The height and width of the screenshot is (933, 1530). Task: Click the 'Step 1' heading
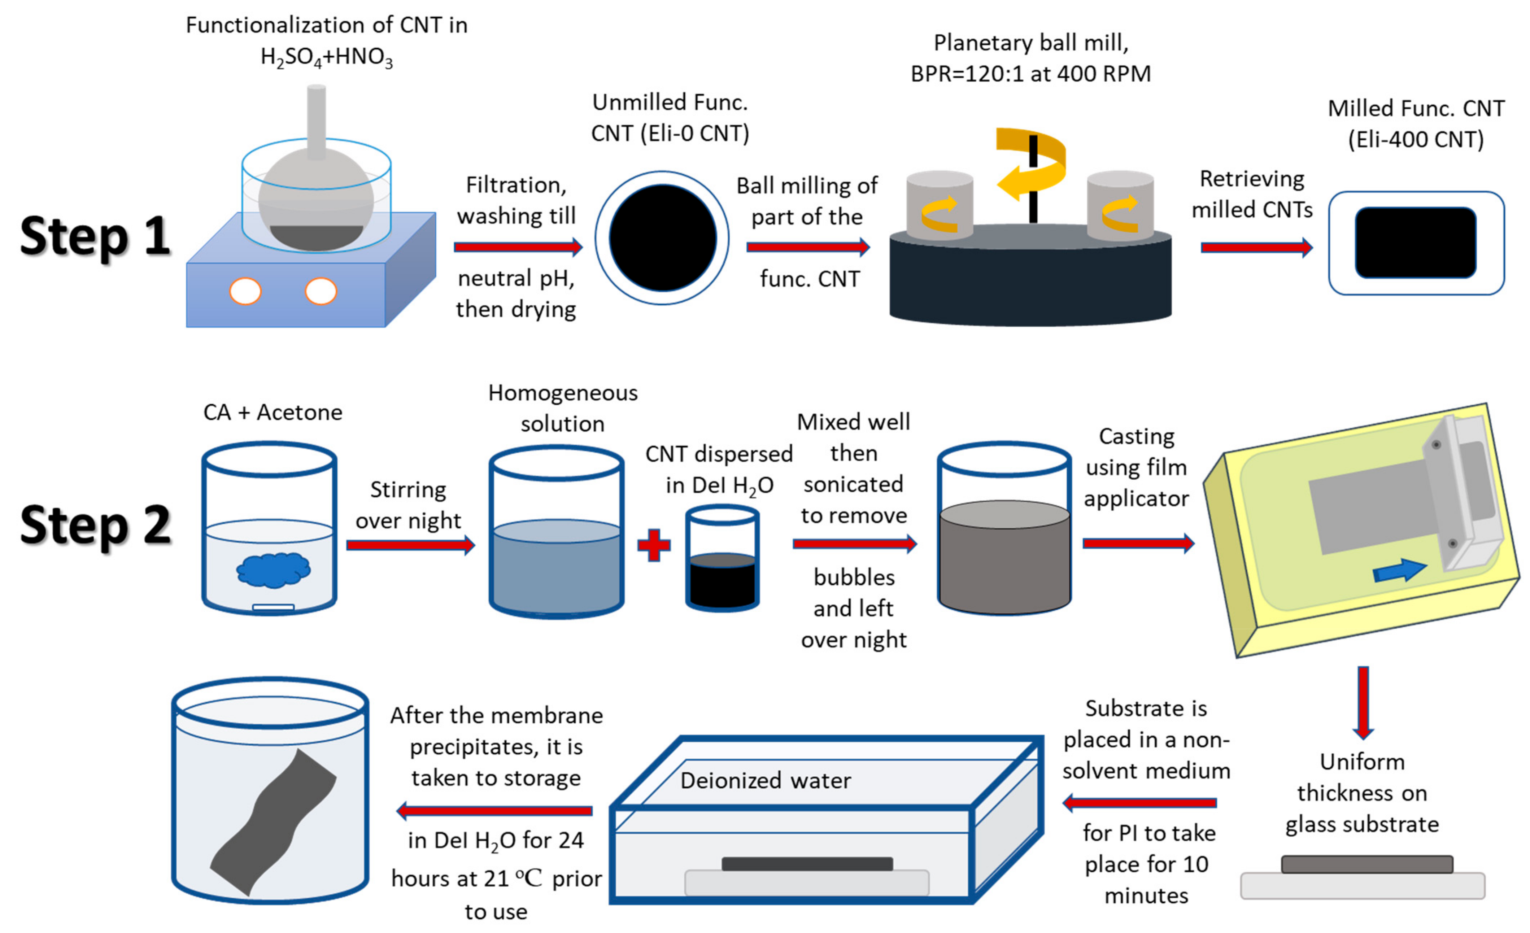[95, 236]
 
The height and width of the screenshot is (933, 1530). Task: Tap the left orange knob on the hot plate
[245, 291]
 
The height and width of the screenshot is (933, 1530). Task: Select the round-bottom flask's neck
[316, 121]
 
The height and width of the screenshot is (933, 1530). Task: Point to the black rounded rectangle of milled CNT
[1415, 243]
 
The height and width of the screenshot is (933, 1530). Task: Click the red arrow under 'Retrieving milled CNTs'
[1256, 248]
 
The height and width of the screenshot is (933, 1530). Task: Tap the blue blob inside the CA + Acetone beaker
[273, 569]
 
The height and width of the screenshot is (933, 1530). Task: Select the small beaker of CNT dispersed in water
[722, 559]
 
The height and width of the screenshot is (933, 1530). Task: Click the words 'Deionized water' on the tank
[765, 780]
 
